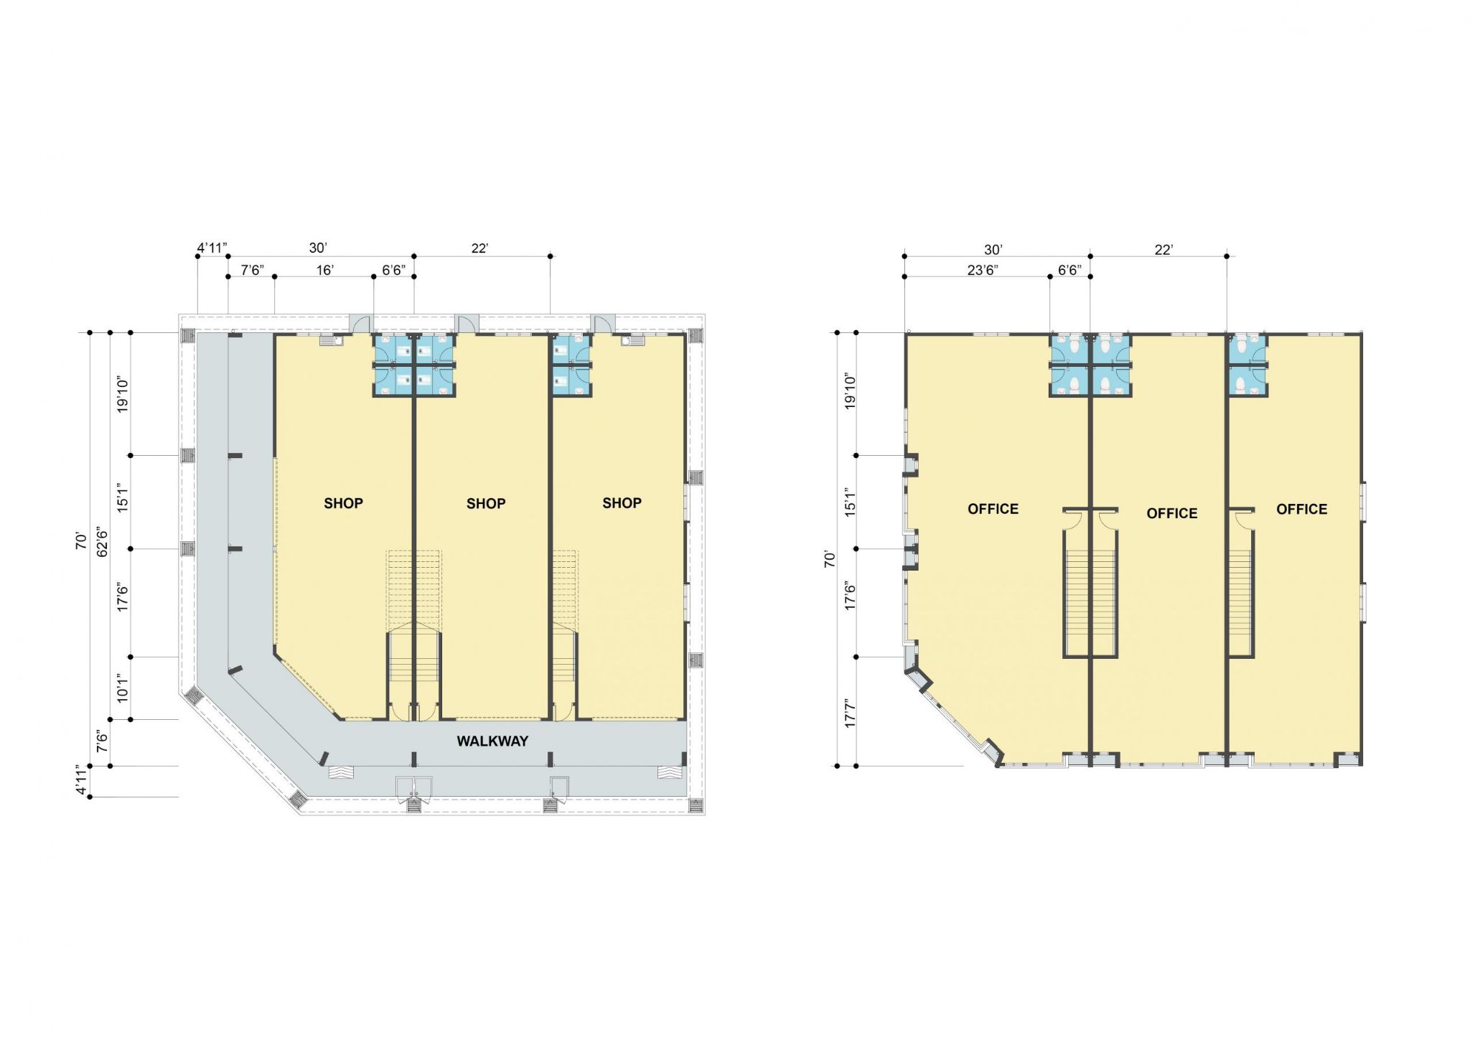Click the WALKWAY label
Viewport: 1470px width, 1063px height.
pos(492,741)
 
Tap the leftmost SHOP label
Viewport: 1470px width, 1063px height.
pos(343,503)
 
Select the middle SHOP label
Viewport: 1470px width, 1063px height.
pos(486,504)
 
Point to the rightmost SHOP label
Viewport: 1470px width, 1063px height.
pos(622,503)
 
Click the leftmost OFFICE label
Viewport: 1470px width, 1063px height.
pos(993,509)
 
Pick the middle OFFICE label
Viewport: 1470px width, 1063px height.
pos(1172,513)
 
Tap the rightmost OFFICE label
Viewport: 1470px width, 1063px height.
pos(1301,510)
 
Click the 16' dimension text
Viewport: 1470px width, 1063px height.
pos(325,270)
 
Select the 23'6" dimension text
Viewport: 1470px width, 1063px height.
pos(982,270)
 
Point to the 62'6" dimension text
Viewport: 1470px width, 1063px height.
pos(103,543)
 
